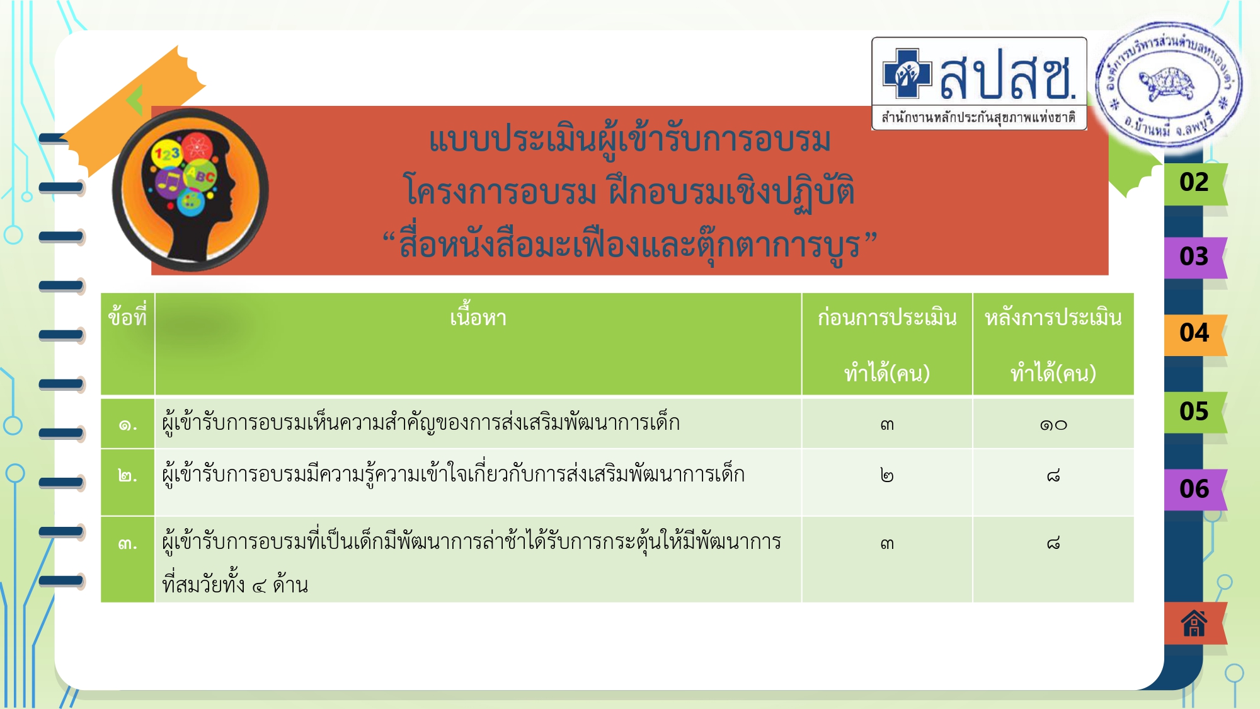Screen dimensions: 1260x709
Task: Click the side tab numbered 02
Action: coord(1195,183)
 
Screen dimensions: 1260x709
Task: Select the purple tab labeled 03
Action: coord(1195,257)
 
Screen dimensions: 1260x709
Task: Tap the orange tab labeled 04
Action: coord(1195,334)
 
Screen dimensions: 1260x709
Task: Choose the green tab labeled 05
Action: coord(1195,412)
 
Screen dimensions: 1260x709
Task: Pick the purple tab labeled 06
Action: coord(1195,490)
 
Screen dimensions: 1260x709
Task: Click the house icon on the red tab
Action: coord(1194,624)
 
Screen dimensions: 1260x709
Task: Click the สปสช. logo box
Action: coord(979,83)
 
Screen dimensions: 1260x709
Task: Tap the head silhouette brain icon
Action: coord(190,190)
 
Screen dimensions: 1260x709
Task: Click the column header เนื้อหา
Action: coord(478,318)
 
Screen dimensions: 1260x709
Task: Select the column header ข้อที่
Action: coord(127,315)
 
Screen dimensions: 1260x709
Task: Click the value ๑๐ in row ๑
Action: coord(1053,425)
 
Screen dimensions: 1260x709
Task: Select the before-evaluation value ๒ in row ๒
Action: coord(887,475)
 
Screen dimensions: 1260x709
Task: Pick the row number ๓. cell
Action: coord(128,543)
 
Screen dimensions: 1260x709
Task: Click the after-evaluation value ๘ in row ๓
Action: coord(1053,543)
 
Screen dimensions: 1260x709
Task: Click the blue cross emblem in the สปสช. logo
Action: coord(907,74)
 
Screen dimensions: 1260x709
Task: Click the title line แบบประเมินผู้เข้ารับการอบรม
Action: coord(630,140)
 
